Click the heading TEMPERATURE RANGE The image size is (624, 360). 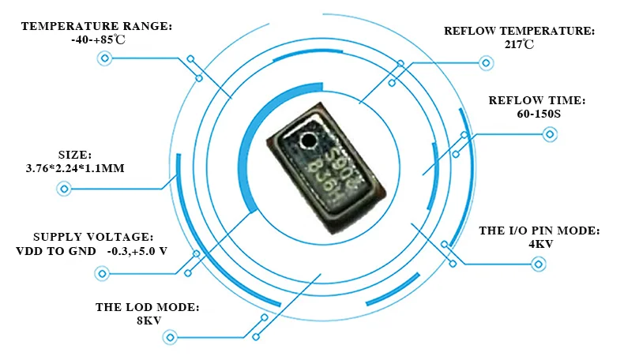(96, 26)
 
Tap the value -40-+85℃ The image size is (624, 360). (96, 39)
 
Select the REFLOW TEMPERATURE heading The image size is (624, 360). (519, 32)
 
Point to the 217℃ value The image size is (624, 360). (519, 45)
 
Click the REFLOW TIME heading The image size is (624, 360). (536, 101)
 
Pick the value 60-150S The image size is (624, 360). (536, 114)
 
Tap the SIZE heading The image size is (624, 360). (76, 155)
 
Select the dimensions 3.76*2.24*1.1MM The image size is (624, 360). (76, 168)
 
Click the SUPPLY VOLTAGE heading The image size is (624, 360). (93, 238)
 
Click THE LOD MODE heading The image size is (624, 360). (148, 307)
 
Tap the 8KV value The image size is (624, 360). (148, 321)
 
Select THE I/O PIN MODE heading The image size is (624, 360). (539, 231)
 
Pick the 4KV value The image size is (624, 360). (539, 245)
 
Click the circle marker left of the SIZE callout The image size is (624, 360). (64, 189)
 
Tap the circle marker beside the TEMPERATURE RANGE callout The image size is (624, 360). (103, 58)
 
